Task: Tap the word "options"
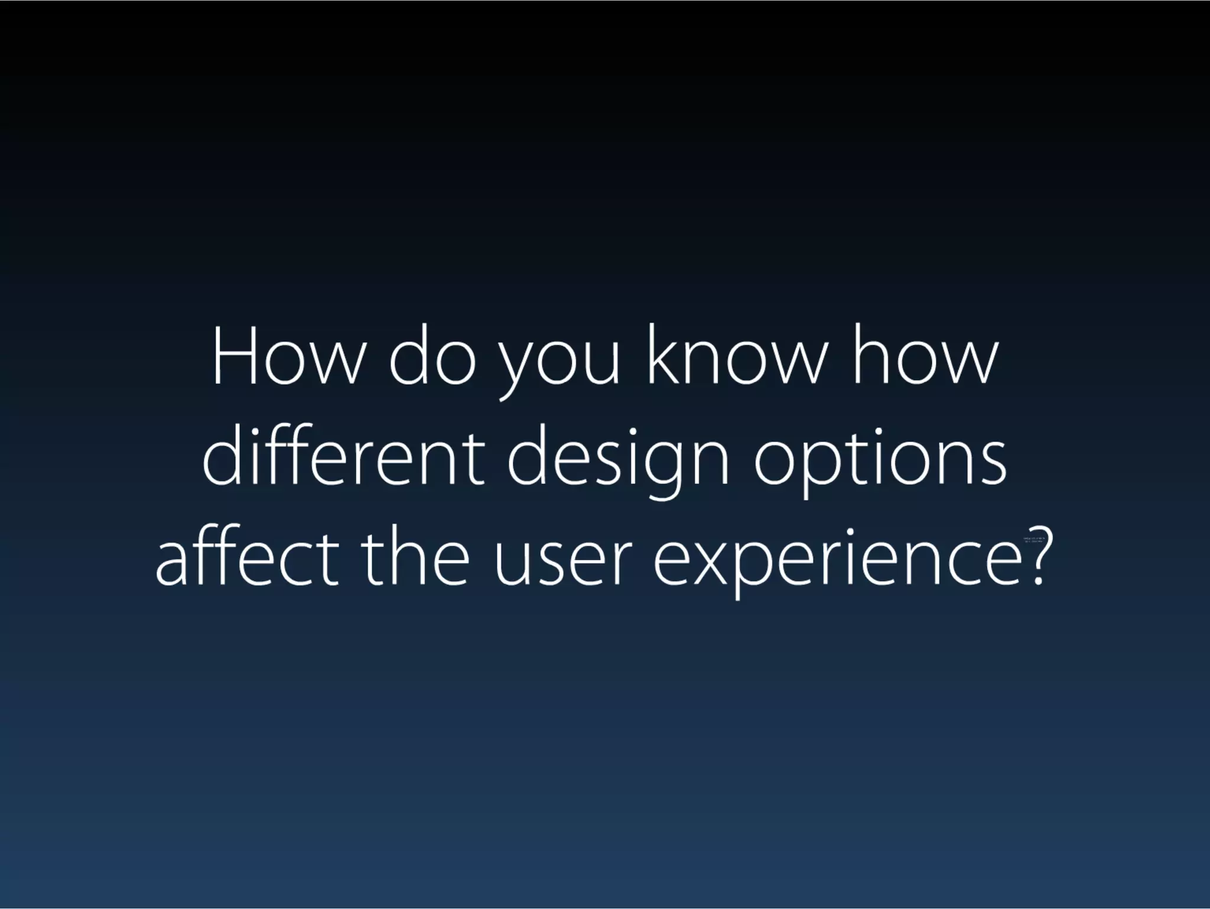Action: (x=880, y=464)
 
